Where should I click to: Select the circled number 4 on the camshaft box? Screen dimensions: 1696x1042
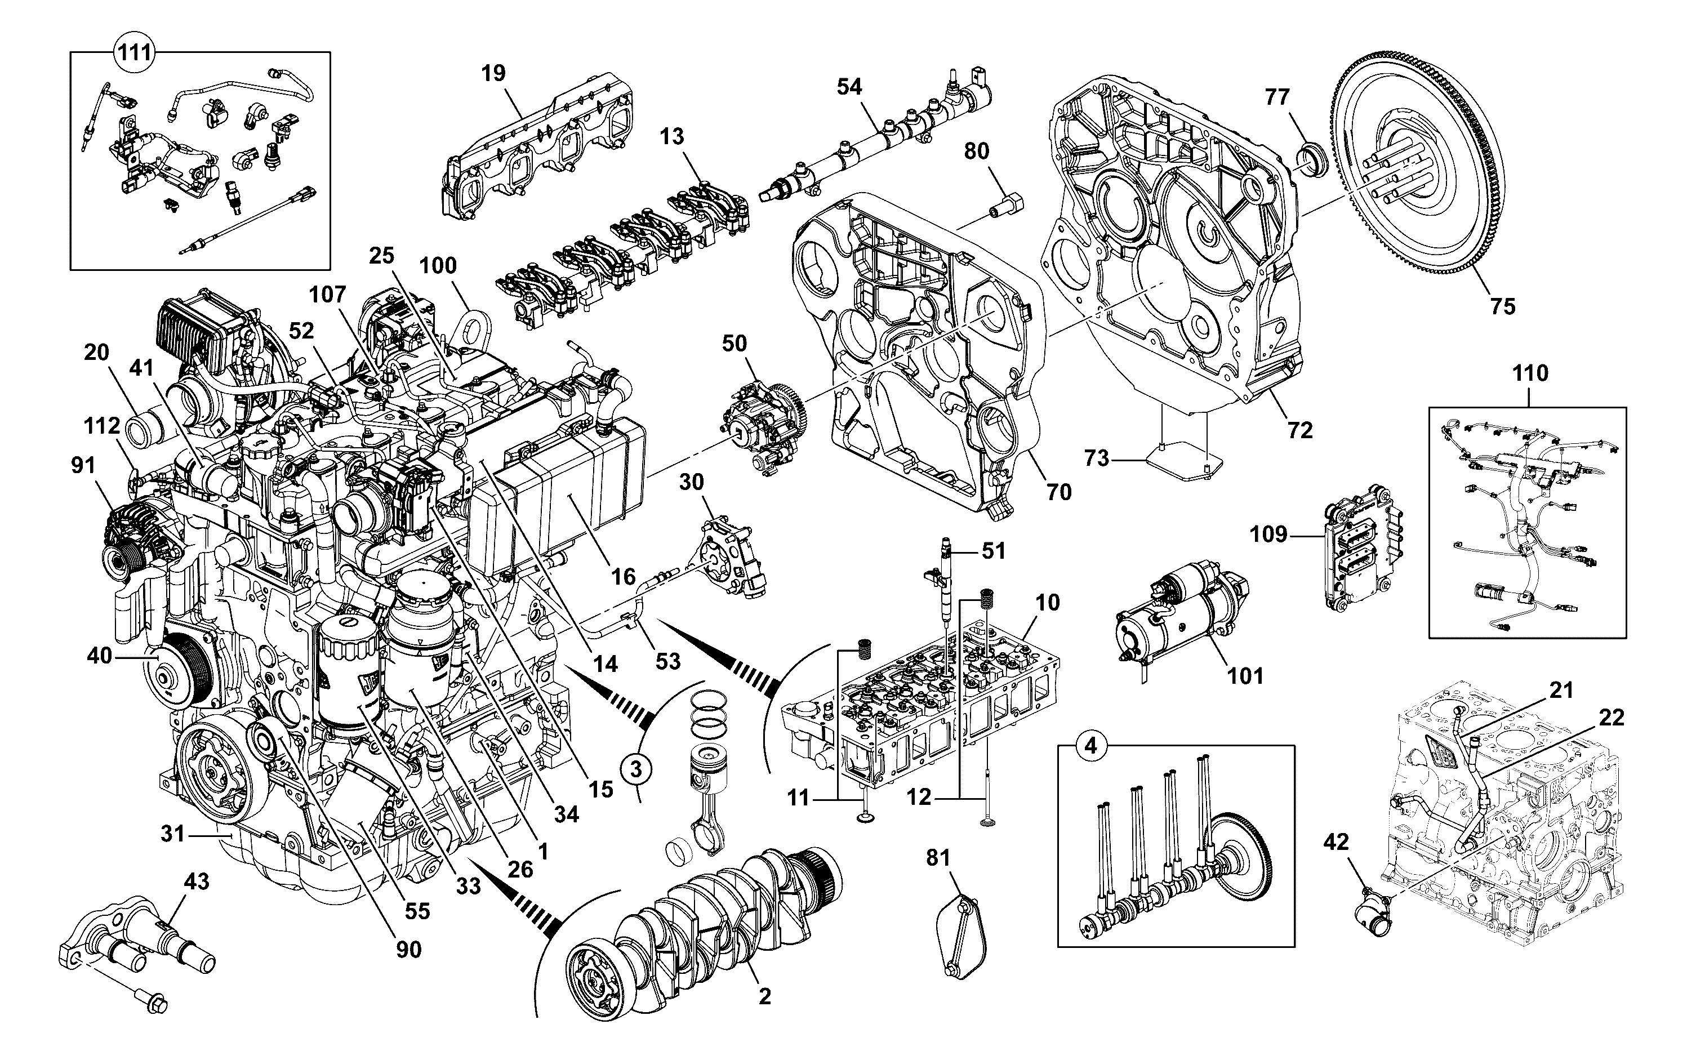click(1090, 746)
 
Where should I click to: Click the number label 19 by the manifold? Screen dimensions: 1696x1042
click(493, 73)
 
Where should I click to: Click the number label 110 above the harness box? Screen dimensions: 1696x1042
click(1530, 373)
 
